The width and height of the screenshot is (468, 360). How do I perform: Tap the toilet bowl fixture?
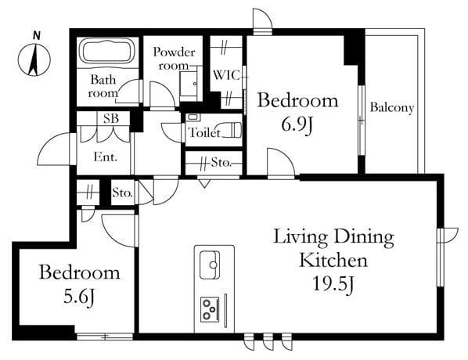(232, 130)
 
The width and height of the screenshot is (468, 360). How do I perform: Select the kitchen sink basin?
(210, 265)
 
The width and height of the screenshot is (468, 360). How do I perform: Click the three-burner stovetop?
(210, 310)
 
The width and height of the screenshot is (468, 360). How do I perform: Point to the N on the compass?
(37, 35)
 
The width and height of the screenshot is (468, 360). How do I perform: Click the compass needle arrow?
(34, 59)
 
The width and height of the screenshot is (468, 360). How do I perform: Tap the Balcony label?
(392, 107)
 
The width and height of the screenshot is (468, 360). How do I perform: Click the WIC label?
(226, 75)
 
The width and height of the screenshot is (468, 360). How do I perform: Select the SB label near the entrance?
(111, 118)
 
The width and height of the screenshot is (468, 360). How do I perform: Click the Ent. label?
(105, 157)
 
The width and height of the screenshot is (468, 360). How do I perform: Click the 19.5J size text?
(333, 283)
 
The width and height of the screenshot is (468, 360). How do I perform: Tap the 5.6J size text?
(79, 297)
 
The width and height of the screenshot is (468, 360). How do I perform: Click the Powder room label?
(174, 59)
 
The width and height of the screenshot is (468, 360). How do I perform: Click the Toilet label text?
(205, 132)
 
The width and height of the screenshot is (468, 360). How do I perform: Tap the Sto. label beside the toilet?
(221, 163)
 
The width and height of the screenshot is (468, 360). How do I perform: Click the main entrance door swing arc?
(54, 149)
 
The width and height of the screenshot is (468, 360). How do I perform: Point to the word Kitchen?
(333, 260)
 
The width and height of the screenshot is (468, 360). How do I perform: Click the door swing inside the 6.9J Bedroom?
(281, 163)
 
